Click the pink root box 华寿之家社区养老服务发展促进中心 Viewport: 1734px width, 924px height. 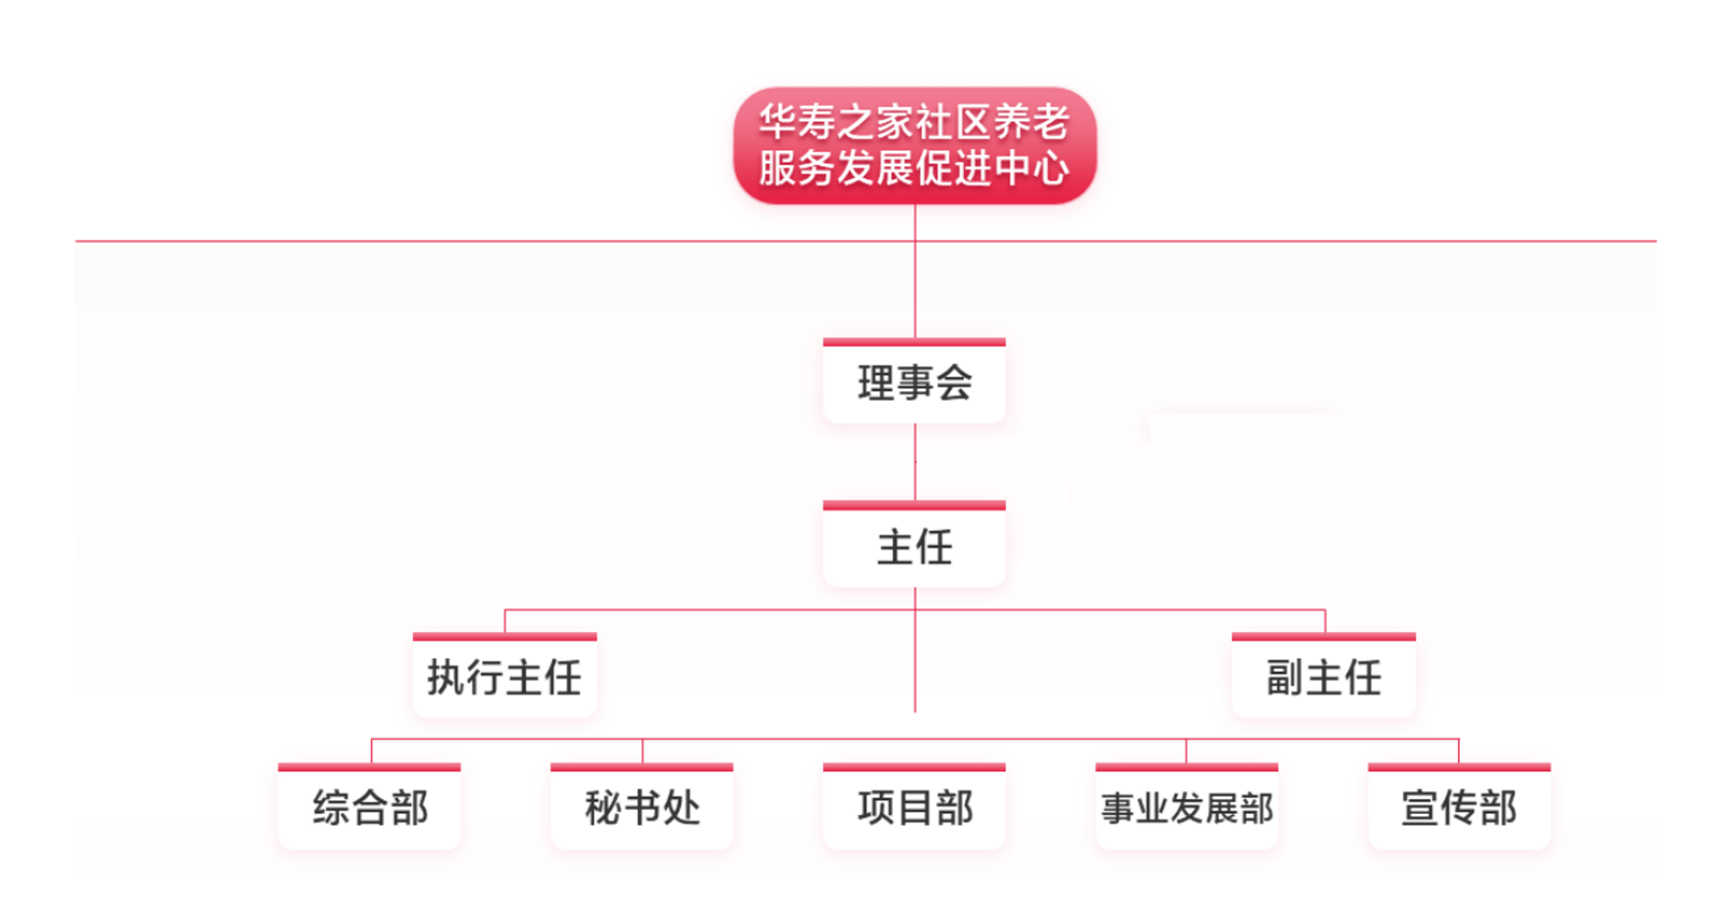(914, 145)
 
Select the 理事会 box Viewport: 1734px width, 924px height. (914, 383)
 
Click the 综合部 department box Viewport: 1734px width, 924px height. (370, 808)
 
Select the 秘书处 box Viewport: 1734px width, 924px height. (642, 808)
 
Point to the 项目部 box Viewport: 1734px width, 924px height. (914, 808)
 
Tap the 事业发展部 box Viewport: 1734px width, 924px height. (1186, 808)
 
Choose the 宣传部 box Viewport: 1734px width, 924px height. (1459, 808)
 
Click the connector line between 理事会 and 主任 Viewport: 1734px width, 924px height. (915, 462)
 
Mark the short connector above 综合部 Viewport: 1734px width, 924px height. (372, 751)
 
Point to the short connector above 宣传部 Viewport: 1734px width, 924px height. (1459, 751)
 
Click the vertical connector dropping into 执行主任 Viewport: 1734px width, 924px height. (504, 621)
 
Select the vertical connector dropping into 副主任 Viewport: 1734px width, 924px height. (1324, 621)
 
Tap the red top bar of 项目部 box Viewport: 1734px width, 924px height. (914, 768)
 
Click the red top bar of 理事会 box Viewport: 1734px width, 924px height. (914, 342)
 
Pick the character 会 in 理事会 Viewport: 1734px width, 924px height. (954, 383)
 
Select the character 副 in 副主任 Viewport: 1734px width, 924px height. (1284, 678)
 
